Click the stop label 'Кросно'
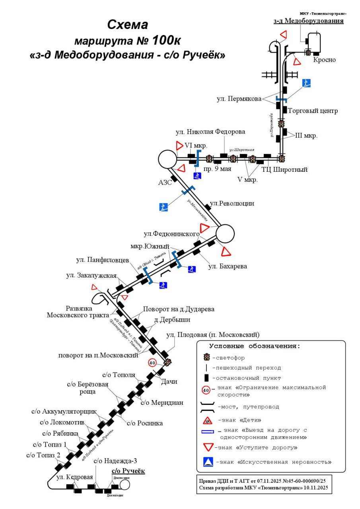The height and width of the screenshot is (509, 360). click(324, 60)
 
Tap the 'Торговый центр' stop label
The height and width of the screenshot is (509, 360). click(312, 111)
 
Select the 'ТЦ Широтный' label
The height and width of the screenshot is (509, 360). click(284, 170)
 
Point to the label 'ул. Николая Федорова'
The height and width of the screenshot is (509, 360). click(210, 132)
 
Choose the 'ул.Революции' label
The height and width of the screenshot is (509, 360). click(232, 204)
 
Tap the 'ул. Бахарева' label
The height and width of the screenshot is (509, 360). click(228, 266)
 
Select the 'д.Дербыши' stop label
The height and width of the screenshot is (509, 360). click(172, 319)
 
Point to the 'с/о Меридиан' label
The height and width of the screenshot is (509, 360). click(162, 402)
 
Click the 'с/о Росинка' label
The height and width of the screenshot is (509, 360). click(145, 423)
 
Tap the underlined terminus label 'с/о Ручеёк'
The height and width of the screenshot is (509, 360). click(128, 471)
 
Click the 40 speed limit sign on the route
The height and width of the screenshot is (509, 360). click(152, 362)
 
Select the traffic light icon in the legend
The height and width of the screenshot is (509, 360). click(206, 357)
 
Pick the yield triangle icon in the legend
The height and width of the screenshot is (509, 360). click(208, 447)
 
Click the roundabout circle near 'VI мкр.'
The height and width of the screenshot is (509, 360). click(167, 159)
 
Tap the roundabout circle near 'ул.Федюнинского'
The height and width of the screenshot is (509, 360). click(225, 233)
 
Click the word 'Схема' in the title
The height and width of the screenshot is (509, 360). click(127, 25)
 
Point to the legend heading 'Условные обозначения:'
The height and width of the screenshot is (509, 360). click(255, 346)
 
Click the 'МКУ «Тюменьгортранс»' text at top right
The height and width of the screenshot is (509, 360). click(323, 14)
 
